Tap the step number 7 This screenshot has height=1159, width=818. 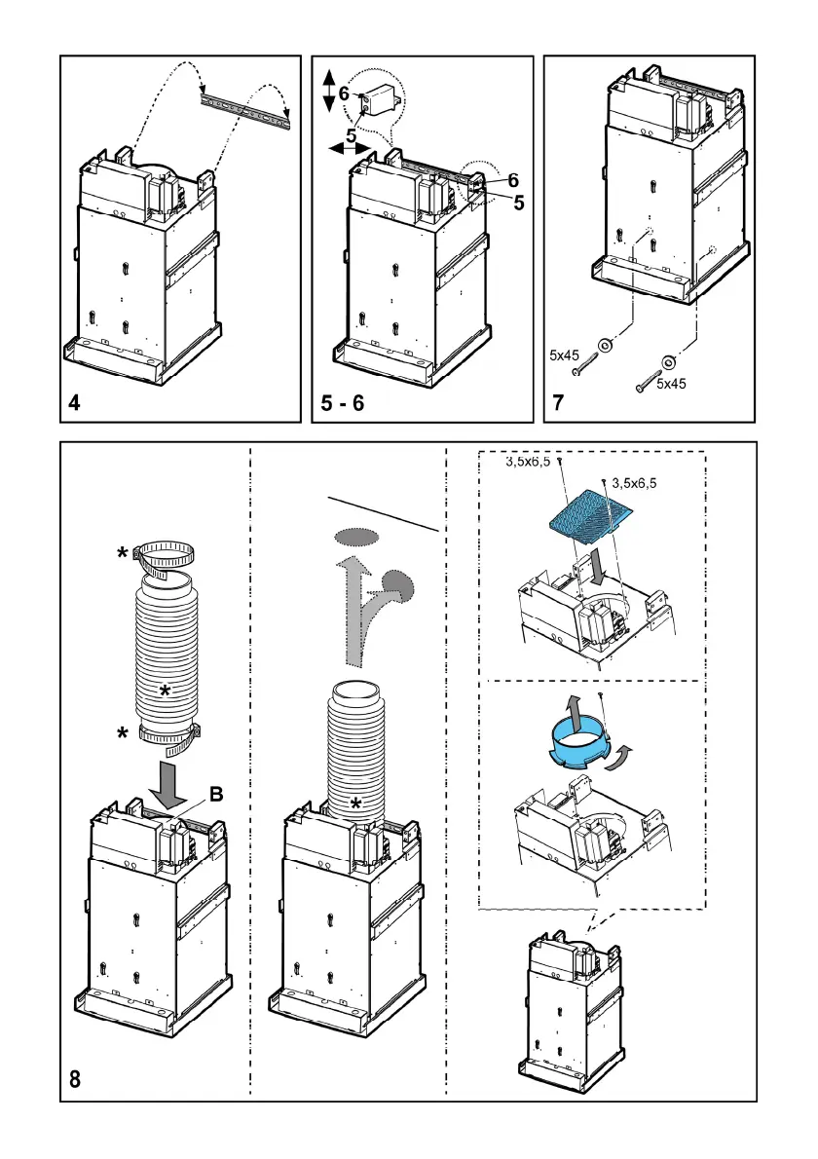(559, 401)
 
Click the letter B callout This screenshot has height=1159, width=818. (216, 794)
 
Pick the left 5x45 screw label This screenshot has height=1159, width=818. (565, 355)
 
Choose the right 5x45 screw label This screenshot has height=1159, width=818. (670, 384)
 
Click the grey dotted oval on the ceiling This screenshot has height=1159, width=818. (355, 536)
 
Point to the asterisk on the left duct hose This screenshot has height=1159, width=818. (167, 691)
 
